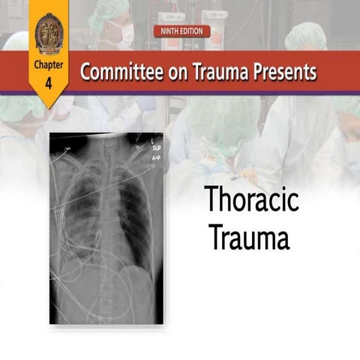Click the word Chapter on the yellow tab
coord(49,65)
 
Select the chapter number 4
coord(49,82)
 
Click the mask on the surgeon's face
coord(125,34)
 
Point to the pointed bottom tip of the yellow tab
coord(49,106)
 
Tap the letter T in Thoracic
coord(213,202)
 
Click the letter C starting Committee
coord(85,73)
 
